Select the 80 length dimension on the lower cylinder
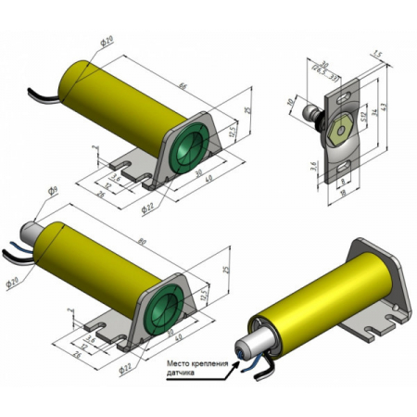click(165, 245)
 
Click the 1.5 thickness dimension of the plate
click(374, 55)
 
